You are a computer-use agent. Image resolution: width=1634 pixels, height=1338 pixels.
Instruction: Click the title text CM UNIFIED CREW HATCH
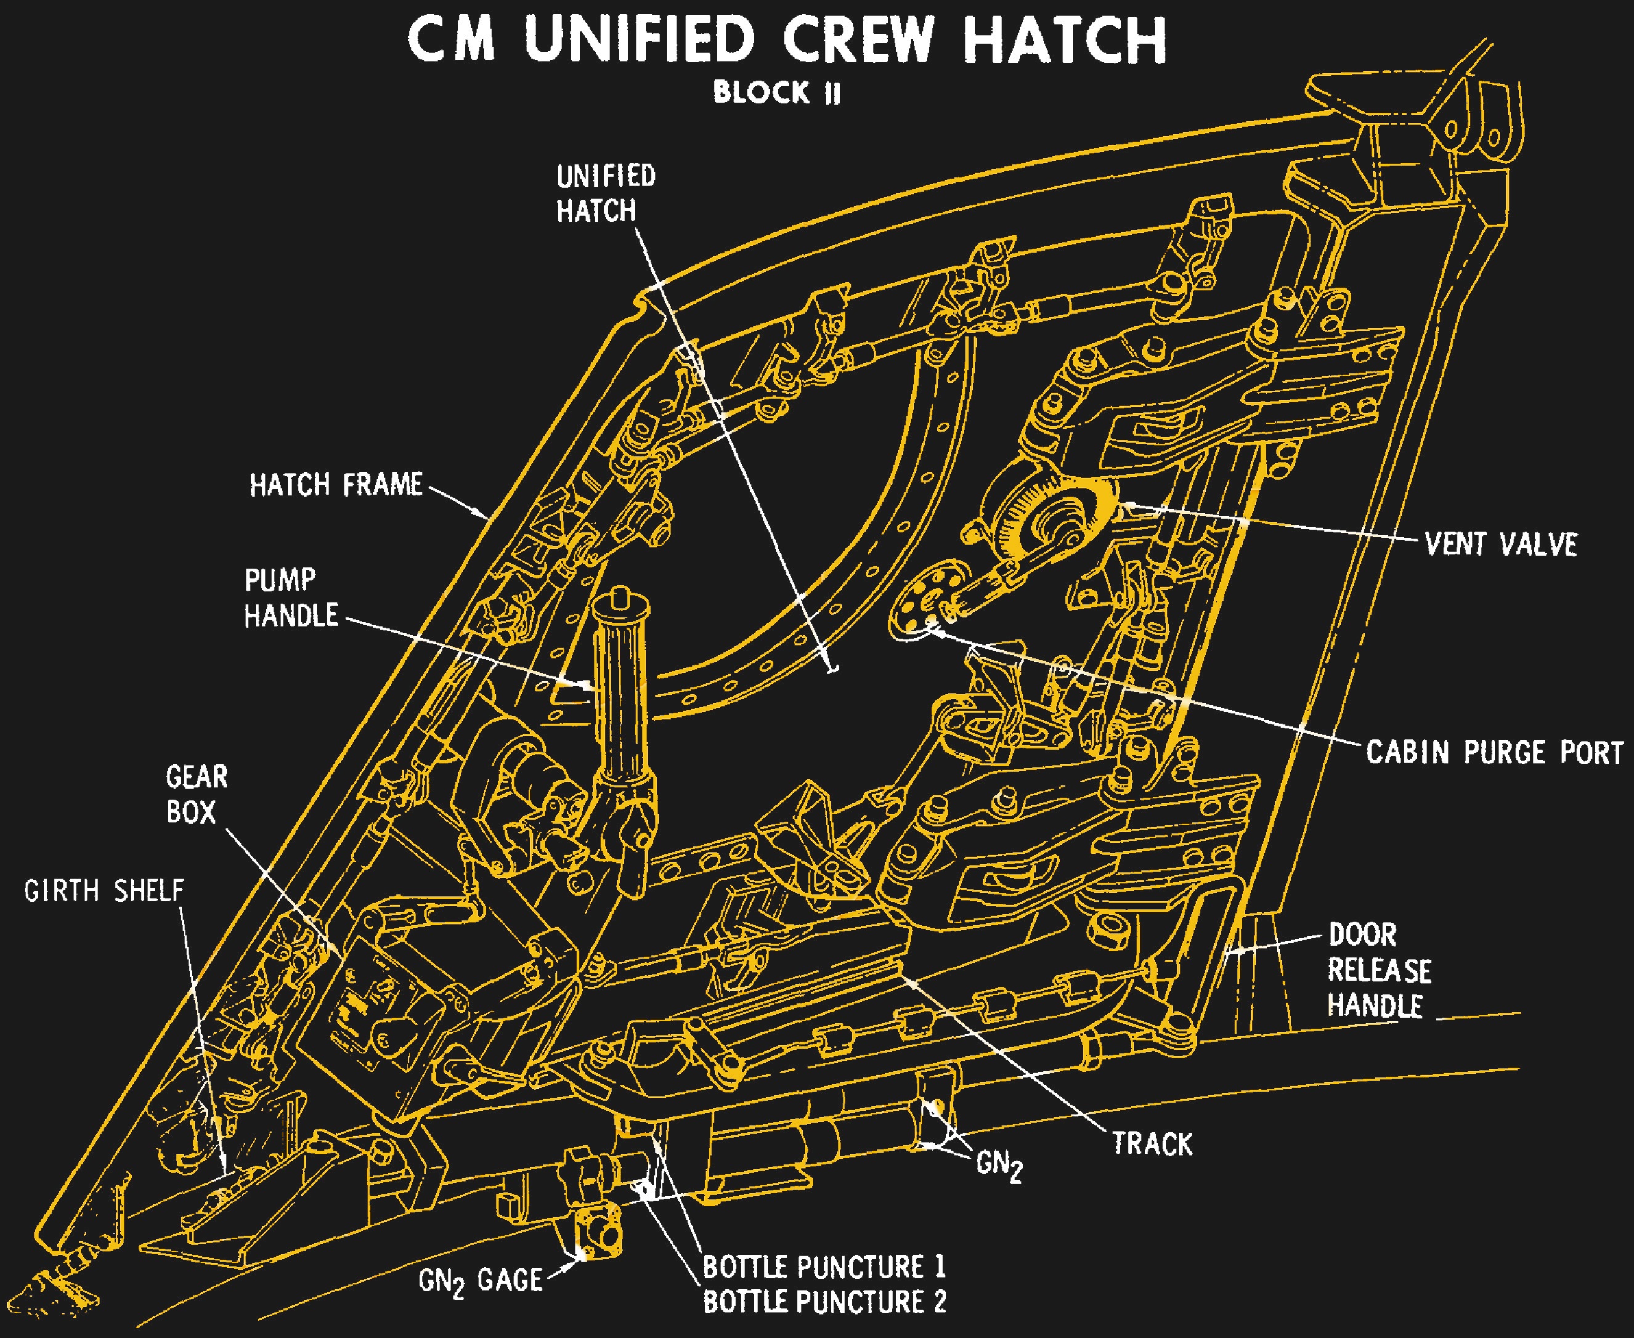pos(786,40)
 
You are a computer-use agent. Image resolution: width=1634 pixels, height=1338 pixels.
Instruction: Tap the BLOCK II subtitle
pos(776,93)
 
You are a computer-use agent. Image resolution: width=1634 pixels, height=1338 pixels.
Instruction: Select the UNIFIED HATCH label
pos(606,193)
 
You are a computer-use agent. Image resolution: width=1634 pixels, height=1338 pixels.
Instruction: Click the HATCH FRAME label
pos(336,485)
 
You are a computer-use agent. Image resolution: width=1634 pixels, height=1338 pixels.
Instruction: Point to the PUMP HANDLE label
pos(291,598)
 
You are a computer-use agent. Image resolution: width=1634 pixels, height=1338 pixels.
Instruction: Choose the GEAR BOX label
pos(197,794)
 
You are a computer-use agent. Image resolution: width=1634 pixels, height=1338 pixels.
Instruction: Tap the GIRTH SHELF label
pos(104,891)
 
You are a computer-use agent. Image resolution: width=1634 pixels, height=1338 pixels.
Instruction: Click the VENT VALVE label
pos(1500,544)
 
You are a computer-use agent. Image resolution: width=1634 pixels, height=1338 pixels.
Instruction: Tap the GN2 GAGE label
pos(480,1281)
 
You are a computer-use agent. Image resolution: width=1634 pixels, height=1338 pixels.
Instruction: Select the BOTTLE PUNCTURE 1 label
pos(824,1267)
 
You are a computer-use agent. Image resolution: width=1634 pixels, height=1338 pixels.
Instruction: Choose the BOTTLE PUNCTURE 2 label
pos(824,1302)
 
